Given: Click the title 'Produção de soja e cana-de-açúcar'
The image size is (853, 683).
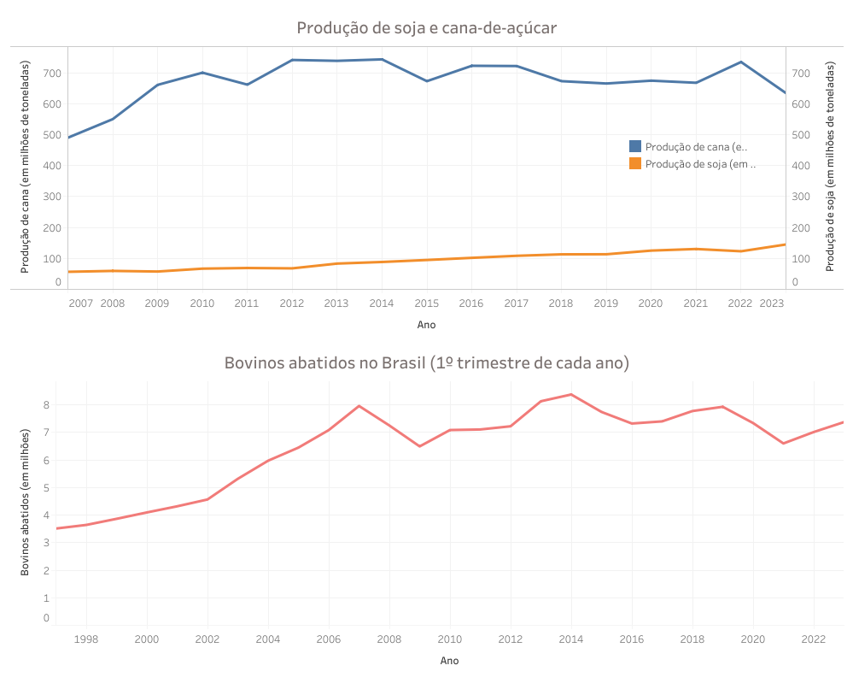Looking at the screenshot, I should pyautogui.click(x=426, y=28).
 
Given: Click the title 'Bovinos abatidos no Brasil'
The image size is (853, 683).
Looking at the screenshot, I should pyautogui.click(x=426, y=362).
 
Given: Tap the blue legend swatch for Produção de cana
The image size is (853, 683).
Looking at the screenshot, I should pyautogui.click(x=635, y=147).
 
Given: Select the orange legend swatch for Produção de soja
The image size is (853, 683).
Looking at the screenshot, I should pyautogui.click(x=635, y=163).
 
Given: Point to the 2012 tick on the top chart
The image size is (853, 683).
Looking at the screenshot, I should pyautogui.click(x=292, y=303).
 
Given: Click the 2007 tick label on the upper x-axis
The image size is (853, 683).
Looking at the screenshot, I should pyautogui.click(x=80, y=303).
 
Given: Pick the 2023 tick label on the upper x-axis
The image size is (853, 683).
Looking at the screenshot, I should pyautogui.click(x=771, y=303).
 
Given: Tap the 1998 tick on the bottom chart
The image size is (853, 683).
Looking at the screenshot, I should pyautogui.click(x=85, y=639).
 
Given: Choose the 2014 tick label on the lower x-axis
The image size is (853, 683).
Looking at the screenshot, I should pyautogui.click(x=571, y=639).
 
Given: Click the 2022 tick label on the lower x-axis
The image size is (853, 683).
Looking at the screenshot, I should pyautogui.click(x=814, y=639).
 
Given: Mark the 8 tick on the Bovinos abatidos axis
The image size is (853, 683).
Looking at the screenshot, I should pyautogui.click(x=46, y=405).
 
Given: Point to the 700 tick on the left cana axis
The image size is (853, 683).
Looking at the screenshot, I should pyautogui.click(x=52, y=74).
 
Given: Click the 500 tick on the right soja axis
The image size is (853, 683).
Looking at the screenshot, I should pyautogui.click(x=800, y=135).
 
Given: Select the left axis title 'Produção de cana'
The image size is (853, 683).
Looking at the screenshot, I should pyautogui.click(x=25, y=168).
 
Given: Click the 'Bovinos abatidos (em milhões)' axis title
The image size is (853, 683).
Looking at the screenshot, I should pyautogui.click(x=25, y=503).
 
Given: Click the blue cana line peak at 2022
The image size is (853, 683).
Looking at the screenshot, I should pyautogui.click(x=740, y=62).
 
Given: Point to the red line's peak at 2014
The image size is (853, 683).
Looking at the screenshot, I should pyautogui.click(x=571, y=394).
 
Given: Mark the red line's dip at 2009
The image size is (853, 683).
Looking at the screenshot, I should pyautogui.click(x=419, y=446).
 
